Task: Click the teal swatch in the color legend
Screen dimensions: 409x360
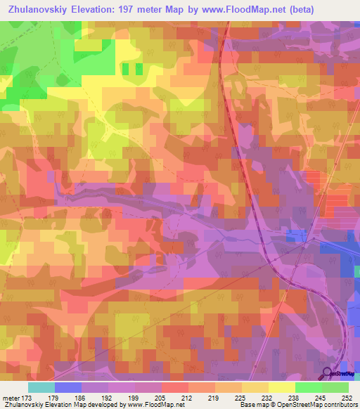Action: coord(41,387)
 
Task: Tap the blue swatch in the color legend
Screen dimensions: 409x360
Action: coord(68,387)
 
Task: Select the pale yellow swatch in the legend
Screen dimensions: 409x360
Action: coord(282,387)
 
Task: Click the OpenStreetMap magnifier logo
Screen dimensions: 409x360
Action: coord(327,373)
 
